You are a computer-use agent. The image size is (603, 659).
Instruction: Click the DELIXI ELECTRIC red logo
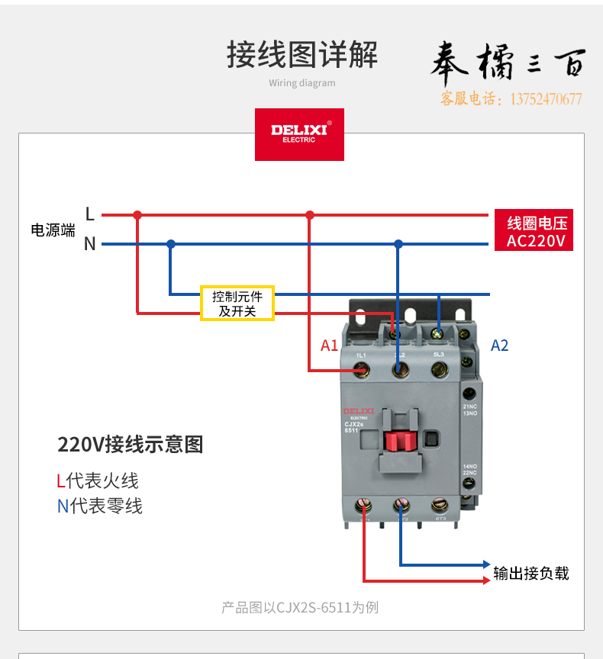(x=299, y=134)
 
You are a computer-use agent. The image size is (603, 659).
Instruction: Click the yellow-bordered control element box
(x=237, y=304)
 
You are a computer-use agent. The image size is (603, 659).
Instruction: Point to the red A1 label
(x=329, y=346)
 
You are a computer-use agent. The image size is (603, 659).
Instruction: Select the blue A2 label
(x=499, y=346)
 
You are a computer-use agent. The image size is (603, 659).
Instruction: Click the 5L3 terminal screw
(x=439, y=370)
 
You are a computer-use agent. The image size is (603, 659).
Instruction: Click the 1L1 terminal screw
(x=363, y=370)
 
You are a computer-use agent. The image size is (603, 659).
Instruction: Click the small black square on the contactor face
(x=431, y=439)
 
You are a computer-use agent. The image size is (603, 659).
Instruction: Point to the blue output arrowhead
(x=486, y=565)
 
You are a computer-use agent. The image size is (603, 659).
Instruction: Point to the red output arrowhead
(x=486, y=581)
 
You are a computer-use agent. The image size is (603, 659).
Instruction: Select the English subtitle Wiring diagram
(x=302, y=83)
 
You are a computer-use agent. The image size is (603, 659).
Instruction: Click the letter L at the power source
(x=90, y=214)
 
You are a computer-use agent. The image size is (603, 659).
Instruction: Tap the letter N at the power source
(x=90, y=244)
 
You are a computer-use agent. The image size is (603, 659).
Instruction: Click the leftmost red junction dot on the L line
(x=137, y=215)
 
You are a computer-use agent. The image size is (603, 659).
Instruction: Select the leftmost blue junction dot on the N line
(x=171, y=244)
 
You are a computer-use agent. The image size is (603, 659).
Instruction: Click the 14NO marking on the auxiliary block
(x=469, y=466)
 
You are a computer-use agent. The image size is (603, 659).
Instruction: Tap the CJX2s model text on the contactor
(x=353, y=425)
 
